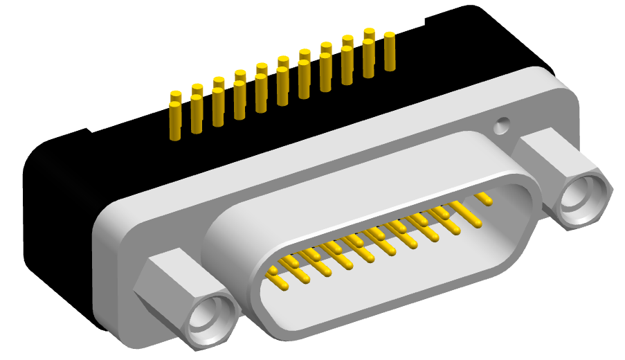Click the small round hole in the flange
(x=501, y=127)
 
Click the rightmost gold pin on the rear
(x=389, y=51)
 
